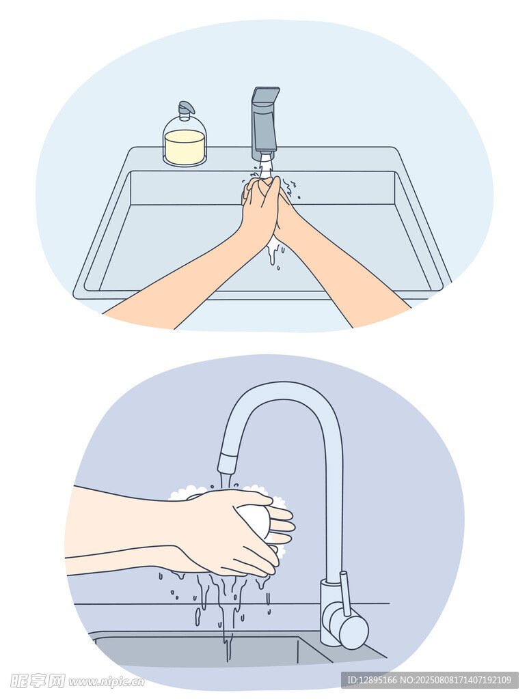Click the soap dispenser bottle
click(x=185, y=138)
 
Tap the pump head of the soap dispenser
click(x=186, y=108)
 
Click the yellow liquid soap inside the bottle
click(x=185, y=147)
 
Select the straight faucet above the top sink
click(x=265, y=124)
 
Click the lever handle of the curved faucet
click(x=344, y=593)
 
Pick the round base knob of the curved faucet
click(x=353, y=632)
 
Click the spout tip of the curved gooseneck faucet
click(x=227, y=463)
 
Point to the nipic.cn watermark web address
click(x=107, y=682)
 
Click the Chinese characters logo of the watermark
click(x=38, y=681)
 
